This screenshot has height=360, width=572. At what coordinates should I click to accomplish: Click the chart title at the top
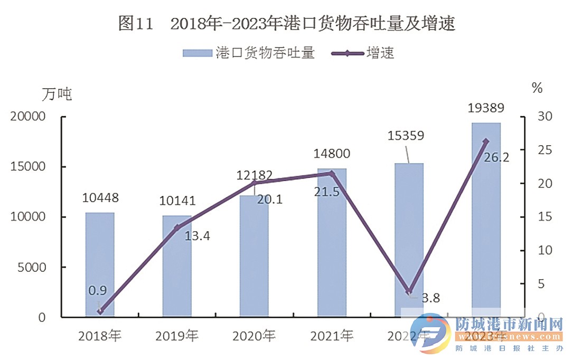286,24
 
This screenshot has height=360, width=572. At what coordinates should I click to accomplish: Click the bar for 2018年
100,264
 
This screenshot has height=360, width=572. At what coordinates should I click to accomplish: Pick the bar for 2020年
254,256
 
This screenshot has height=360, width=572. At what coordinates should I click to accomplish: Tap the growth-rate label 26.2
496,157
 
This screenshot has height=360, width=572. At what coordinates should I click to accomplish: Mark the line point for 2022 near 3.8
409,291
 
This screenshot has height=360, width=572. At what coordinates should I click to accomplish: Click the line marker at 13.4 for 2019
177,228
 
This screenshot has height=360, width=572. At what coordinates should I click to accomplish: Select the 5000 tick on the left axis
31,267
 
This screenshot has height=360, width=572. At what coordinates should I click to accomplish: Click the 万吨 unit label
56,94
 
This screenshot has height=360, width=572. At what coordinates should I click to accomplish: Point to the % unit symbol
537,88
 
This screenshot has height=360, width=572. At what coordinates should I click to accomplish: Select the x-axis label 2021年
331,336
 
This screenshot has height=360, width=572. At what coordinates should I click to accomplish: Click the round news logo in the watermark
429,335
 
